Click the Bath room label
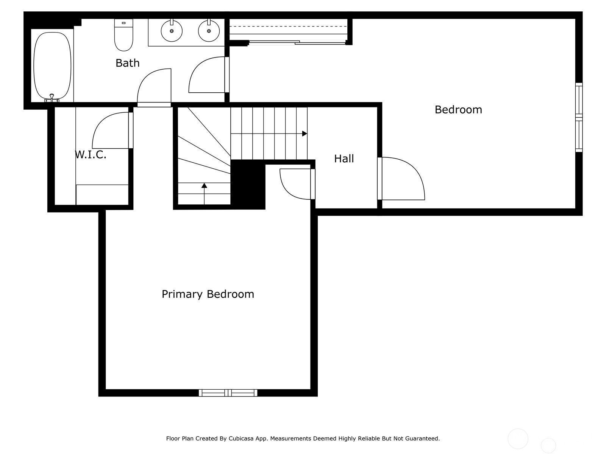(x=127, y=63)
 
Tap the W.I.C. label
(x=91, y=154)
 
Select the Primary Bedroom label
(x=208, y=294)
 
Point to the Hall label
(x=344, y=159)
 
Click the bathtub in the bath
(x=52, y=65)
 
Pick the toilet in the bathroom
(x=123, y=36)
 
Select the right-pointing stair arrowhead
(x=305, y=134)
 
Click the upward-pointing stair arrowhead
(x=204, y=185)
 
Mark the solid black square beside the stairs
(x=248, y=184)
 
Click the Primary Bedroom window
(x=228, y=393)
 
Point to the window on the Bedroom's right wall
(x=579, y=117)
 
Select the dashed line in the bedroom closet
(x=288, y=26)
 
